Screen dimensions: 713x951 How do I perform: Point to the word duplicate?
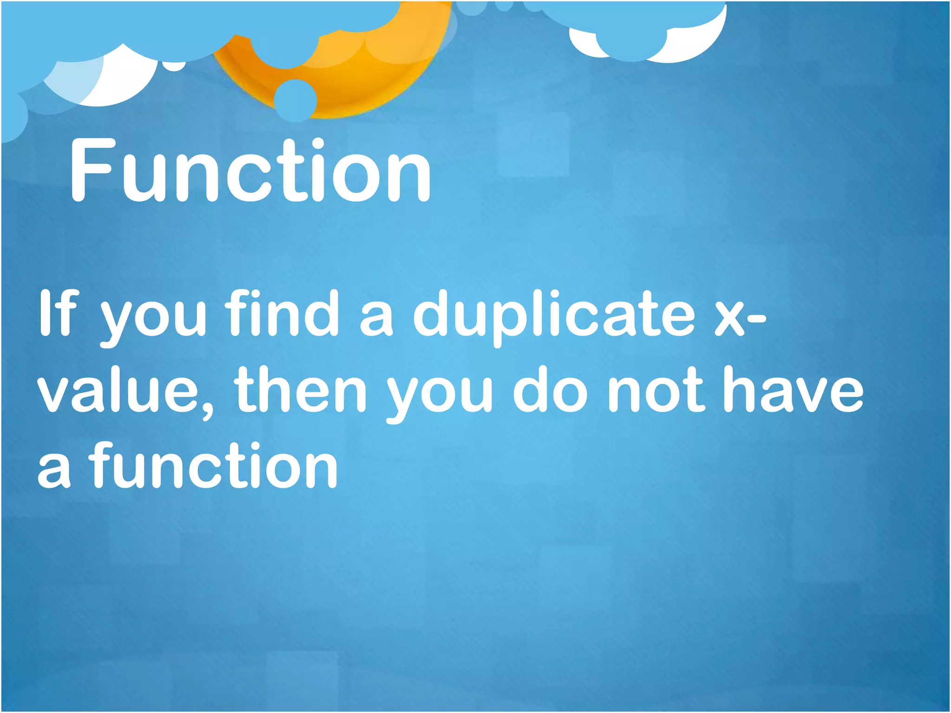click(x=554, y=316)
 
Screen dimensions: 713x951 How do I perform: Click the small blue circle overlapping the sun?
click(x=295, y=100)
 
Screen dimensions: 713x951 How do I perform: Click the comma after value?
click(x=207, y=408)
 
